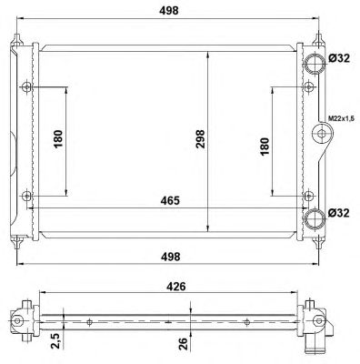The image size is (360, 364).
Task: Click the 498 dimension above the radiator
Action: [x=169, y=10]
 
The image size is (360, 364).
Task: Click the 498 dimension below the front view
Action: [x=170, y=257]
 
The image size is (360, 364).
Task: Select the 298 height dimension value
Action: [x=200, y=139]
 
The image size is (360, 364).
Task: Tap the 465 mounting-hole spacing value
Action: [x=170, y=200]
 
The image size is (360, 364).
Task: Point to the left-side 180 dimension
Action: [x=58, y=139]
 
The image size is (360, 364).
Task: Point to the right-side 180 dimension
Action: [x=265, y=147]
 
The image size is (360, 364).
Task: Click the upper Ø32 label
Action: [x=339, y=58]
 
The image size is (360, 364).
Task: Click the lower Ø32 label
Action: [x=339, y=213]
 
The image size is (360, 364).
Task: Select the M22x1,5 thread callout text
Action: [x=341, y=118]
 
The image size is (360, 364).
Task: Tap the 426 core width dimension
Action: [x=176, y=287]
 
